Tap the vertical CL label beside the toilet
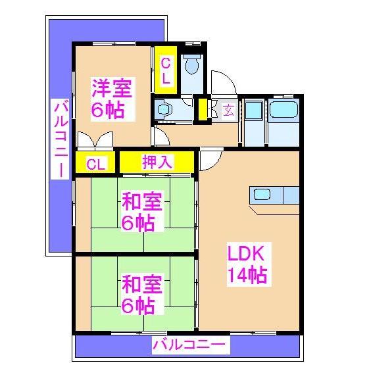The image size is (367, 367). point(166,70)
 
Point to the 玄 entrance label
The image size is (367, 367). point(228,110)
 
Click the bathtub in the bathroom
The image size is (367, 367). point(284,110)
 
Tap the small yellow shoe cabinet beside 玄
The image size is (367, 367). point(203,109)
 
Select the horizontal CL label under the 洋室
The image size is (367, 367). point(95,164)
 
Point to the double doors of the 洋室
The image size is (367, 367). point(94,141)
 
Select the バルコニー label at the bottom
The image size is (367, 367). point(189,344)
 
